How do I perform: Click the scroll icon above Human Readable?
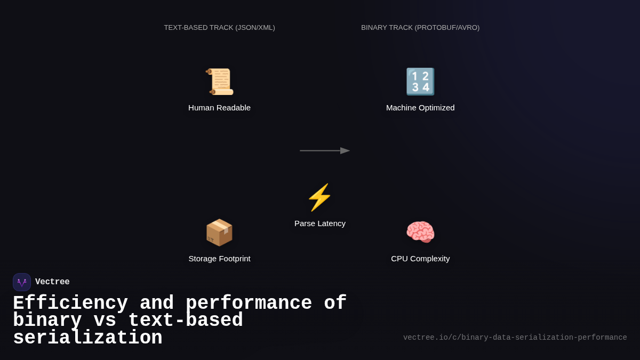pyautogui.click(x=219, y=82)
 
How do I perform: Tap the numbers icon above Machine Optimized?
pyautogui.click(x=420, y=82)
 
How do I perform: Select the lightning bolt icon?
pyautogui.click(x=319, y=197)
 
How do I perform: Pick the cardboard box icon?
pyautogui.click(x=219, y=233)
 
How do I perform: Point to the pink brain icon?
pyautogui.click(x=420, y=233)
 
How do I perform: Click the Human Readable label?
pyautogui.click(x=219, y=108)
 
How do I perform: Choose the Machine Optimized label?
pyautogui.click(x=420, y=108)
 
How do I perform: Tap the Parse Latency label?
pyautogui.click(x=320, y=223)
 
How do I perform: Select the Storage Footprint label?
pyautogui.click(x=219, y=259)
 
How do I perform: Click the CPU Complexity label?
pyautogui.click(x=420, y=259)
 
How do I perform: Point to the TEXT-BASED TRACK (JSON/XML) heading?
pyautogui.click(x=219, y=28)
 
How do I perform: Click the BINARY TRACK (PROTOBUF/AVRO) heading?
pyautogui.click(x=420, y=28)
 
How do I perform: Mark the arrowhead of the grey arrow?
pyautogui.click(x=345, y=151)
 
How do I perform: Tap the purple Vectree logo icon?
pyautogui.click(x=22, y=282)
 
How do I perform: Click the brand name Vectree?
pyautogui.click(x=52, y=282)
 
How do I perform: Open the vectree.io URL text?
pyautogui.click(x=515, y=338)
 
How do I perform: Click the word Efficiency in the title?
pyautogui.click(x=70, y=303)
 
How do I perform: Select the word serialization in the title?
pyautogui.click(x=87, y=338)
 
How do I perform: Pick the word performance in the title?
pyautogui.click(x=249, y=303)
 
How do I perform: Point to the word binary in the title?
pyautogui.click(x=47, y=321)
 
